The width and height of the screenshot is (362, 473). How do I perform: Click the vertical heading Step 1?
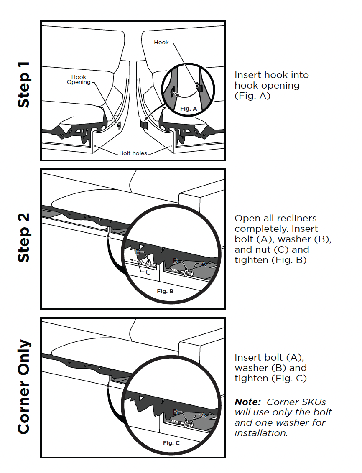click(x=24, y=85)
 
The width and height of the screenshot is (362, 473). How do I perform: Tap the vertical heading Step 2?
click(x=24, y=238)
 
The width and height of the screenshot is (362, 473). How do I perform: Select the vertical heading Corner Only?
click(x=24, y=387)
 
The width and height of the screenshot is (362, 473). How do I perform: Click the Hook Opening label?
click(x=79, y=80)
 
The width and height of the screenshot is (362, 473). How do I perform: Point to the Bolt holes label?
click(x=133, y=153)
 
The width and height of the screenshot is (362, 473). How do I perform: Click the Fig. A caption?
click(x=189, y=109)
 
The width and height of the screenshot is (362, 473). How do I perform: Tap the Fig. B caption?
click(x=165, y=291)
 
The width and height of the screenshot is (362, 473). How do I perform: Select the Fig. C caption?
click(x=171, y=443)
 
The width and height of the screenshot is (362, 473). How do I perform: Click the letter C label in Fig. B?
click(x=148, y=272)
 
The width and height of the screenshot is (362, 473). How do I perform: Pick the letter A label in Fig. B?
click(x=204, y=264)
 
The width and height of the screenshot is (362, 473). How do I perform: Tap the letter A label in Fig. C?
click(x=204, y=415)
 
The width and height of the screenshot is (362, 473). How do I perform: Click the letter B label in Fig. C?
click(x=175, y=412)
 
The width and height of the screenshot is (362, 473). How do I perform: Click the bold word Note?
click(x=247, y=402)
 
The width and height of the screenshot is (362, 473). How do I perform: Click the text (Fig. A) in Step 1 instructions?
click(x=252, y=96)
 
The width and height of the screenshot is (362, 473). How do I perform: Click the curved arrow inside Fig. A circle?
click(x=185, y=95)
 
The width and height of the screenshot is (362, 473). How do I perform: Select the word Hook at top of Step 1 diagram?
click(x=161, y=43)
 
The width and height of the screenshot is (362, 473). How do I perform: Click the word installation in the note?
click(x=261, y=433)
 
